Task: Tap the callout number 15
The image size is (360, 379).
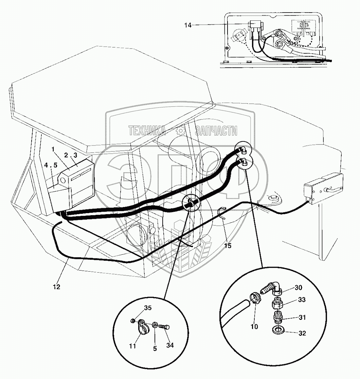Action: (x=228, y=245)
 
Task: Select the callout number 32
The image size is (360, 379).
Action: (x=302, y=333)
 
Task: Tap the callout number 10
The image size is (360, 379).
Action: (x=254, y=327)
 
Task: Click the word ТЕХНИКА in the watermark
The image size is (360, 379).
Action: (x=147, y=131)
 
